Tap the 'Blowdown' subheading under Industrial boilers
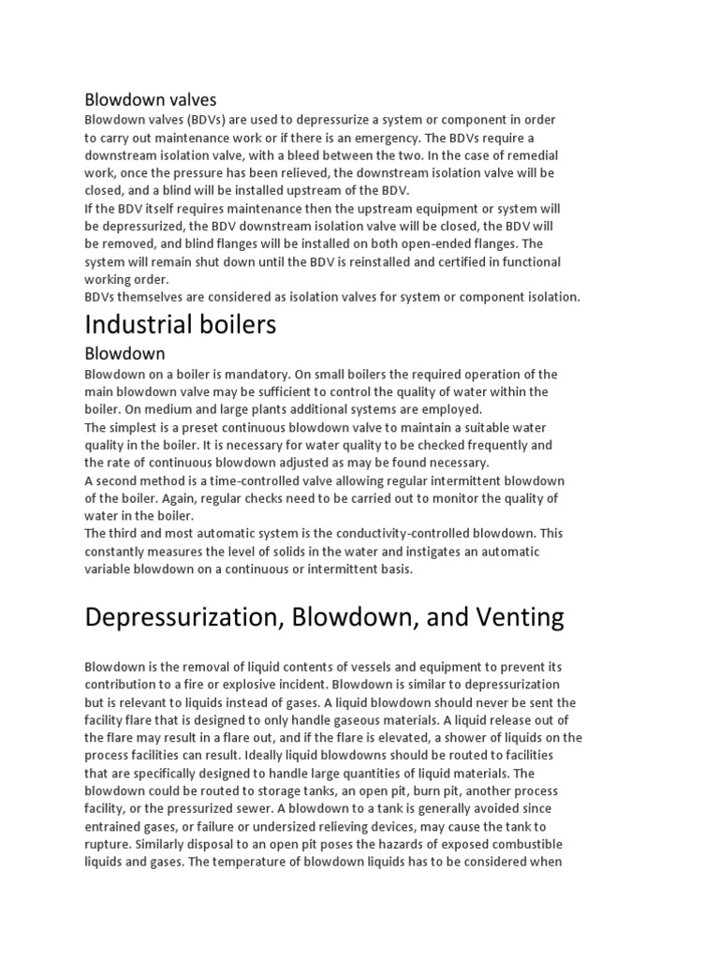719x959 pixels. [125, 354]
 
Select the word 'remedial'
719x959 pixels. [532, 155]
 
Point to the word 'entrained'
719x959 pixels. [115, 826]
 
